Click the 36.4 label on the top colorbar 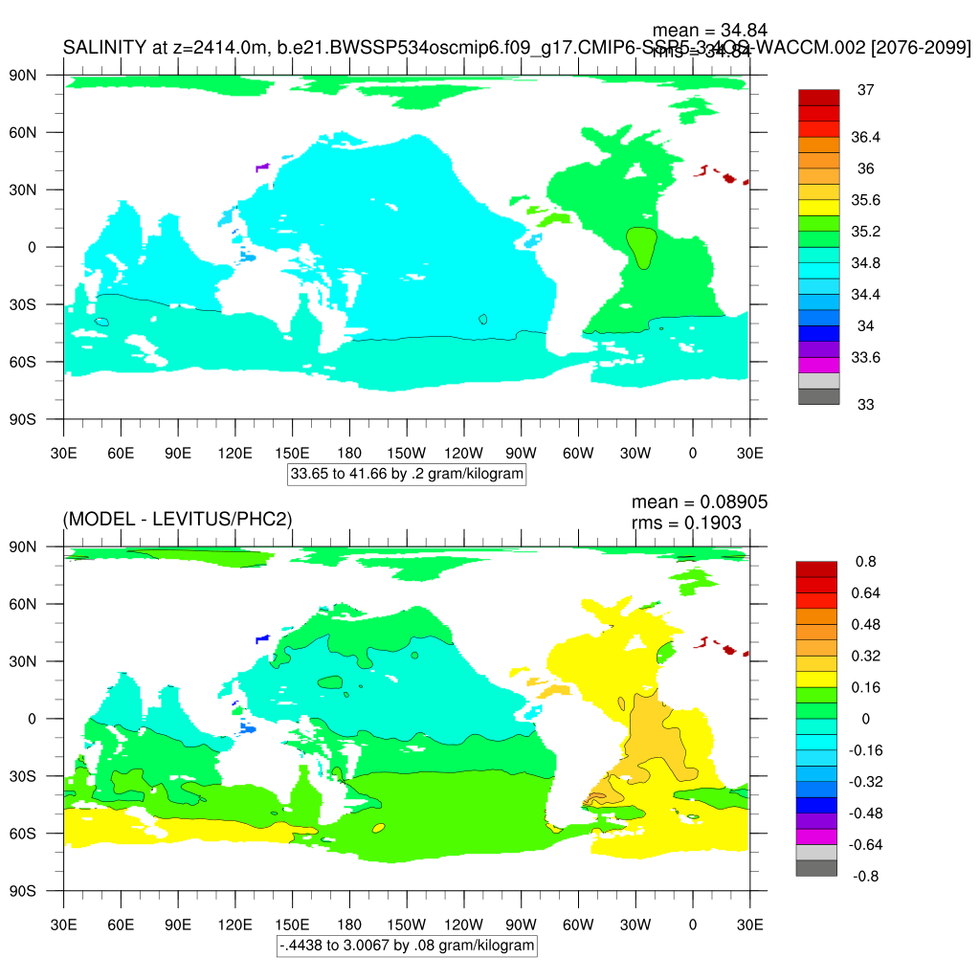[x=865, y=138]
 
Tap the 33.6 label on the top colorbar [x=865, y=357]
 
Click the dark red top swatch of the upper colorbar [x=818, y=98]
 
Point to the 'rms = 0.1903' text [x=686, y=523]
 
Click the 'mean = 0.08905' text [x=700, y=502]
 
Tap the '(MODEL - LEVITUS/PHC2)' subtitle [x=177, y=519]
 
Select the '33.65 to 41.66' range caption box [x=407, y=474]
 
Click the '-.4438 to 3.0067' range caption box [x=407, y=946]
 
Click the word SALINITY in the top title [x=104, y=47]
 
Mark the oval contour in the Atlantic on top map [x=641, y=247]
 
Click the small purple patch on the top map [x=262, y=167]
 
